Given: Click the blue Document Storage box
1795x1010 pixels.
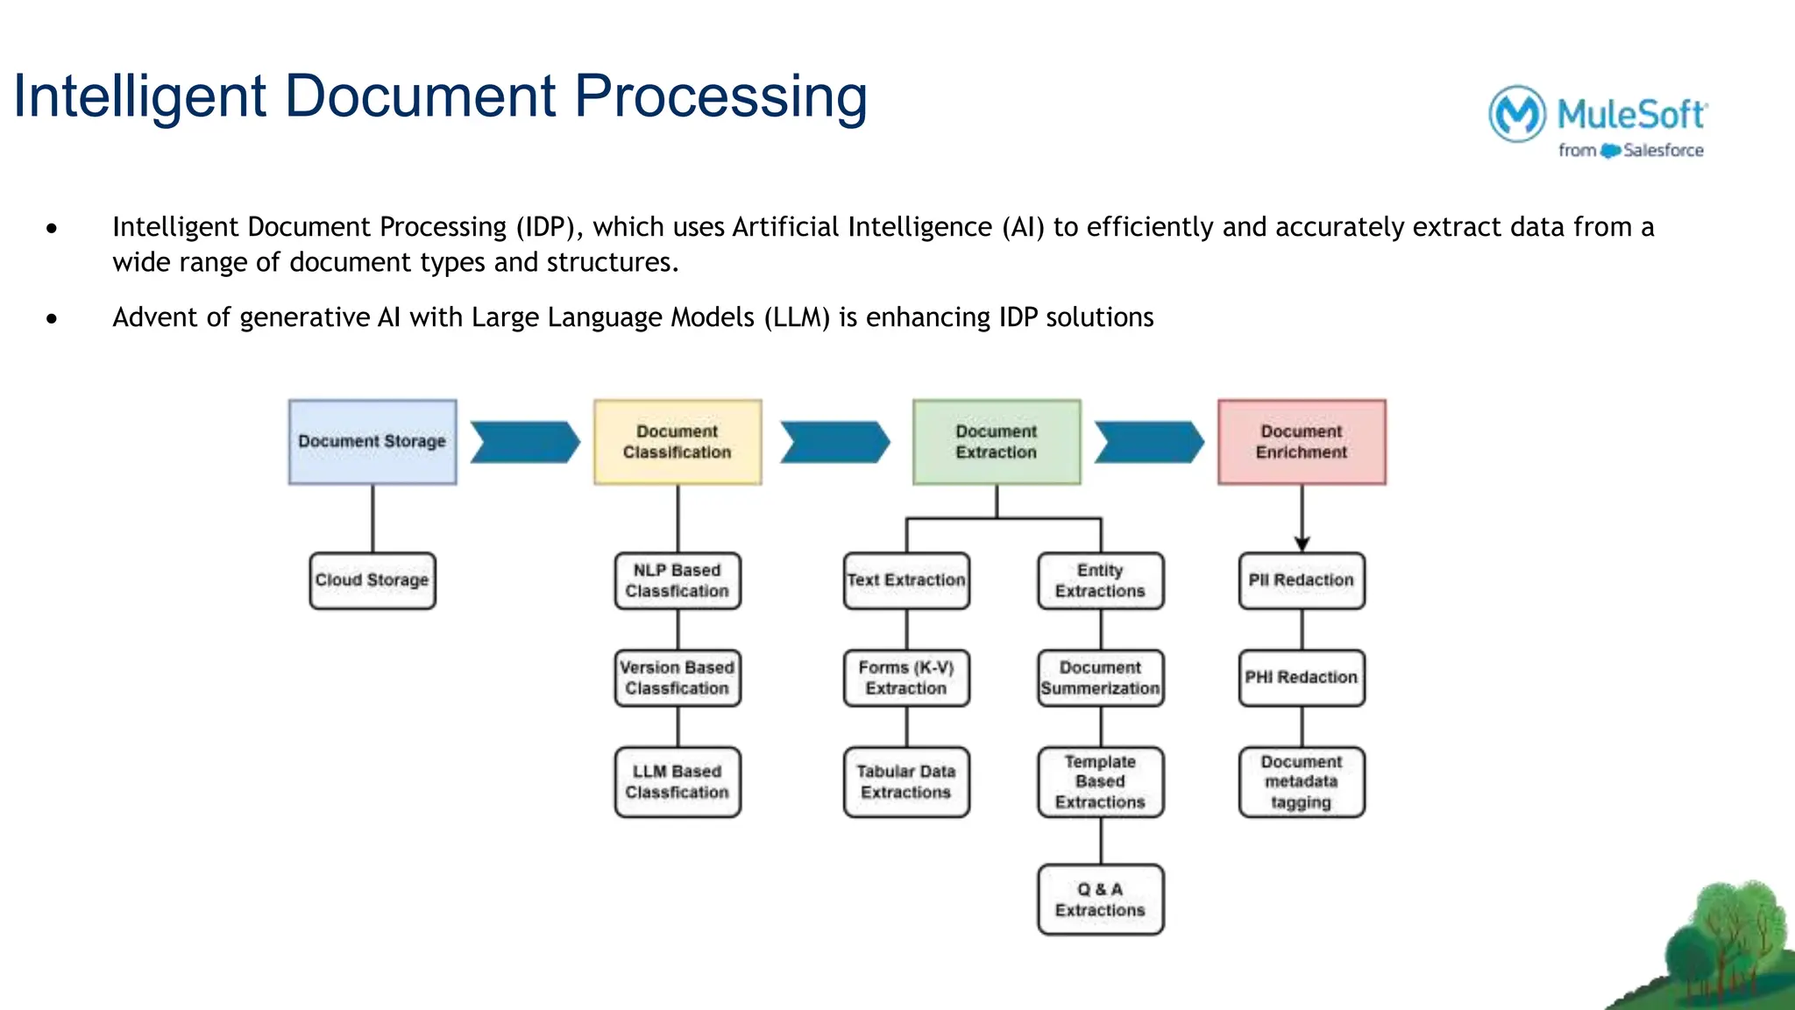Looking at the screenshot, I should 372,442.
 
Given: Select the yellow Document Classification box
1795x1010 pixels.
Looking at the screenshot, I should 678,442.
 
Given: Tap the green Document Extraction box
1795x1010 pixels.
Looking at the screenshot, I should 997,442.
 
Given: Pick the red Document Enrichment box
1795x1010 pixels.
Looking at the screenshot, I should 1302,442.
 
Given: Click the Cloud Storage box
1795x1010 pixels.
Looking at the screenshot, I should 372,580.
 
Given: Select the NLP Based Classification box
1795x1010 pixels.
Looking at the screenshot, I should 678,580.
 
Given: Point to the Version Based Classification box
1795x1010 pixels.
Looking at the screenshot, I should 678,678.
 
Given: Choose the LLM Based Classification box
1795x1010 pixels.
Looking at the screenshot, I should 678,782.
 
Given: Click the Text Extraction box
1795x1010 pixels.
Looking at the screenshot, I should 906,580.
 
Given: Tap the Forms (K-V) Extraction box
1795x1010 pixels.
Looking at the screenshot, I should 906,678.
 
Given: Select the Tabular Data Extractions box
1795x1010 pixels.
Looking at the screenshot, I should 906,782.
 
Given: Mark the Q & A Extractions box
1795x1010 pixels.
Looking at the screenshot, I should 1101,900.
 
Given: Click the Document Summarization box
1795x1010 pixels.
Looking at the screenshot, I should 1101,678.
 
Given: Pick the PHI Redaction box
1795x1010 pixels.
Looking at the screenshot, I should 1302,678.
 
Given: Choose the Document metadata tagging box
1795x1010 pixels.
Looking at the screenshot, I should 1302,782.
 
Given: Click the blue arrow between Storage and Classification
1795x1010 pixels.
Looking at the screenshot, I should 525,442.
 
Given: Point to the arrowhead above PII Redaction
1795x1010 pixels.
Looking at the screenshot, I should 1302,544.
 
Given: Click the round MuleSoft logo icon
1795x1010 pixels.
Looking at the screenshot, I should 1517,113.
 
